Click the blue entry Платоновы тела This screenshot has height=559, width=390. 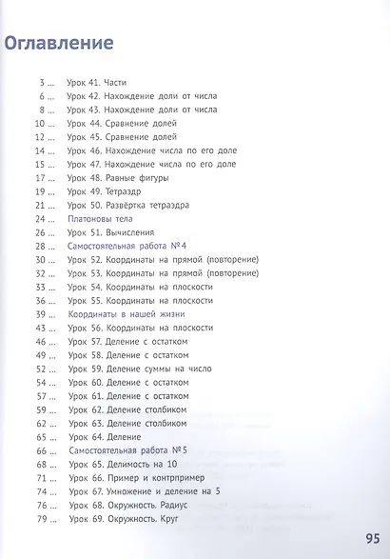click(100, 219)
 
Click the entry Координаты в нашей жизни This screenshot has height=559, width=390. click(127, 313)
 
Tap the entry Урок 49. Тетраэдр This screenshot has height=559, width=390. click(109, 191)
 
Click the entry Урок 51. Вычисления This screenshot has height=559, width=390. click(116, 232)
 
